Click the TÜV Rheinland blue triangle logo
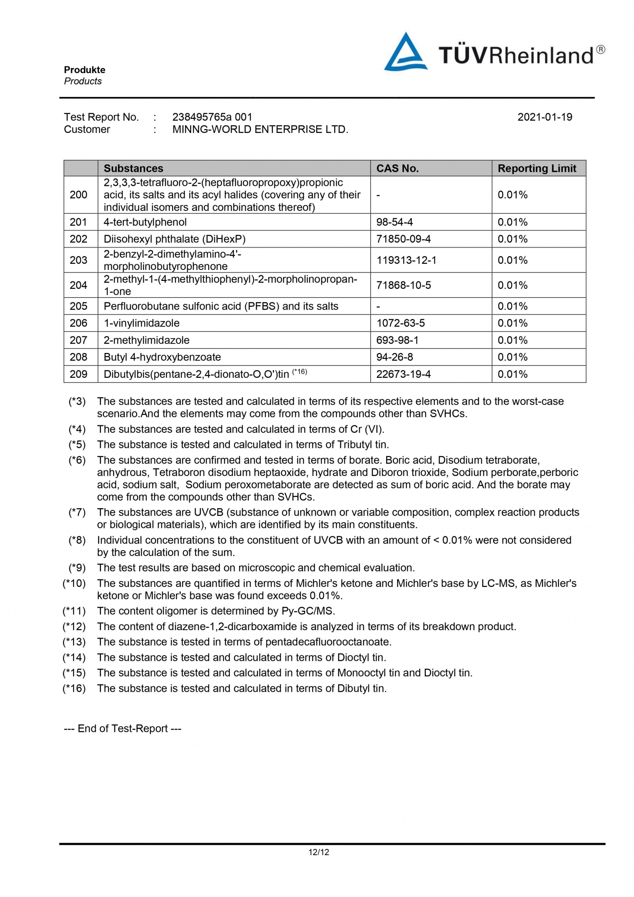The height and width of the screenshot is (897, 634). pos(405,53)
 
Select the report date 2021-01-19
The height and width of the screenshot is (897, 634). pos(545,117)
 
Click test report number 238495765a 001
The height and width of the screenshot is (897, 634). pos(212,117)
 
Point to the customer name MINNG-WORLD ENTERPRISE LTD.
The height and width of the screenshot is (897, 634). pos(260,129)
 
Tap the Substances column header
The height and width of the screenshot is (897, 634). pos(133,168)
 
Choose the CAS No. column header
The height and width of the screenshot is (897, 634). pos(397,168)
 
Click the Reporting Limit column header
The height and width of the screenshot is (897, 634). pos(537,168)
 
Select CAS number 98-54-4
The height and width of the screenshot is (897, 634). pos(394,222)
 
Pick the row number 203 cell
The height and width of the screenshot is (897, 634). pos(78,260)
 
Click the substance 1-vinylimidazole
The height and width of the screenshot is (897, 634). pos(141,323)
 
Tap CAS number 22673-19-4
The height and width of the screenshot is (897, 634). pos(403,374)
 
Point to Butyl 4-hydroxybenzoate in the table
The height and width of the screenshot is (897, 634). pos(162,357)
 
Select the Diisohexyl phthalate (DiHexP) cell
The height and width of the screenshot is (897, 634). pos(174,239)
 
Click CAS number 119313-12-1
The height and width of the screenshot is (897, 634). pos(406,260)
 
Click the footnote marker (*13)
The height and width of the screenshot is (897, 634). pos(74,642)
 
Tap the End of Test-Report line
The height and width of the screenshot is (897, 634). pos(122,728)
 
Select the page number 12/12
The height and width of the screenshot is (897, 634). pos(319,852)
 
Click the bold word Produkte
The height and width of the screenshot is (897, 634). pos(85,70)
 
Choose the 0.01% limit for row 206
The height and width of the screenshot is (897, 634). pos(512,323)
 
